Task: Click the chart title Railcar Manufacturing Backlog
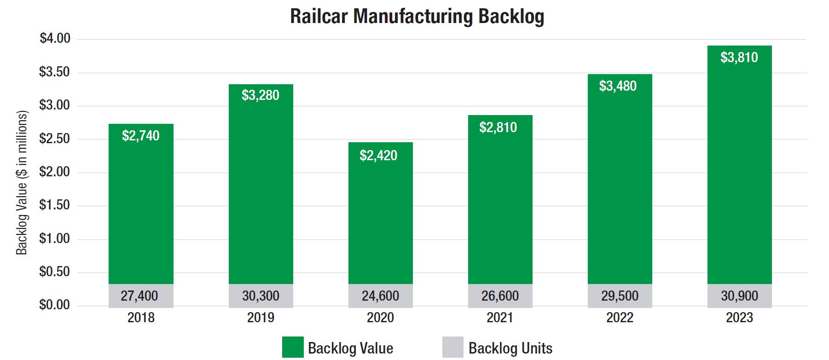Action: [x=417, y=16]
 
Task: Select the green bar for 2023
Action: [x=739, y=175]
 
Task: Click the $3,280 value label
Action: [x=261, y=95]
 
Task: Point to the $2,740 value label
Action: [x=141, y=136]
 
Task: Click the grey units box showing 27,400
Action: [x=141, y=296]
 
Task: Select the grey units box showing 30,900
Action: [x=739, y=296]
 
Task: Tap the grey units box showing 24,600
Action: [x=380, y=296]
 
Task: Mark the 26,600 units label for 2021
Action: [x=500, y=296]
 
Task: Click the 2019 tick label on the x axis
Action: [x=261, y=318]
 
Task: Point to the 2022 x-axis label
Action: [x=620, y=318]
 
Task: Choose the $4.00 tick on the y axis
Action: [x=55, y=39]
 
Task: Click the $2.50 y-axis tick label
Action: [x=55, y=139]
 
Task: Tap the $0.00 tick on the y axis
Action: [x=55, y=305]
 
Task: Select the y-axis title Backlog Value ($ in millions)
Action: [x=22, y=183]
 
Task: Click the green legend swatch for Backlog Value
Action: [x=293, y=348]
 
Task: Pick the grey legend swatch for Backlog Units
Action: [x=453, y=348]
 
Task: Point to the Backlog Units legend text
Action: [x=510, y=348]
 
